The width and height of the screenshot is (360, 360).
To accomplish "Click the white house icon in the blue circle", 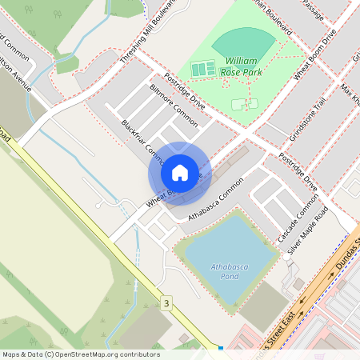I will coord(180,173).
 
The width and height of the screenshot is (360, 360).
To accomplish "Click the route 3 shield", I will coord(166,303).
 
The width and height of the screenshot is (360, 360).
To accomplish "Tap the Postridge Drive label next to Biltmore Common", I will coord(185,90).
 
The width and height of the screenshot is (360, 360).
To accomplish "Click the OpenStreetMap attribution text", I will coord(80,354).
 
